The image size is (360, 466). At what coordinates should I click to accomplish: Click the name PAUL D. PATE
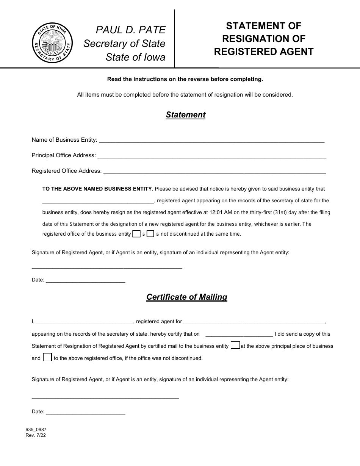coord(131,30)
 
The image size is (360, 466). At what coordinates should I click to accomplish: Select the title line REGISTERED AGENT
coord(264,52)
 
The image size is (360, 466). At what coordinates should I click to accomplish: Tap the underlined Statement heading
coord(185,115)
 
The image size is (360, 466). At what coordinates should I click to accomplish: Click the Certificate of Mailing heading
coord(187,297)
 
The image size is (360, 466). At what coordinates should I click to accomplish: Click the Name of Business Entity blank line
coord(211,140)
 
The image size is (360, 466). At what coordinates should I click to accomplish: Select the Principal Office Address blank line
coord(211,156)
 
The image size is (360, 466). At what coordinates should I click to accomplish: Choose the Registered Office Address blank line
coord(214,171)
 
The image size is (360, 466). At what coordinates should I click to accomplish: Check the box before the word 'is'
coord(136,234)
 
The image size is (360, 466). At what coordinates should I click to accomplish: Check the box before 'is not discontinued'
coord(150,234)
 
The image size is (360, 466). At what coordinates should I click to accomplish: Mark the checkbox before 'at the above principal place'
coord(235,346)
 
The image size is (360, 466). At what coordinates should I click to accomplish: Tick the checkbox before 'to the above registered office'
coord(47,357)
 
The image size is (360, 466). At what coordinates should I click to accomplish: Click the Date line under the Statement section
coord(85,280)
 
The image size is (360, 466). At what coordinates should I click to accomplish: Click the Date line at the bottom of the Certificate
coord(85,412)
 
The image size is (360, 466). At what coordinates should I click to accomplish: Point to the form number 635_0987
coord(36,430)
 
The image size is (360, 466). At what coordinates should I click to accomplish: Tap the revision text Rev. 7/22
coord(36,435)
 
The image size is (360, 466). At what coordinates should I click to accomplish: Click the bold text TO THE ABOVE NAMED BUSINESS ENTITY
coord(98,189)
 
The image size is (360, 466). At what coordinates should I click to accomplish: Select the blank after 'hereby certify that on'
coord(239,334)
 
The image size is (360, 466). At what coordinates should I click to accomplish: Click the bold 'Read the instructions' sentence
coord(185,79)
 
